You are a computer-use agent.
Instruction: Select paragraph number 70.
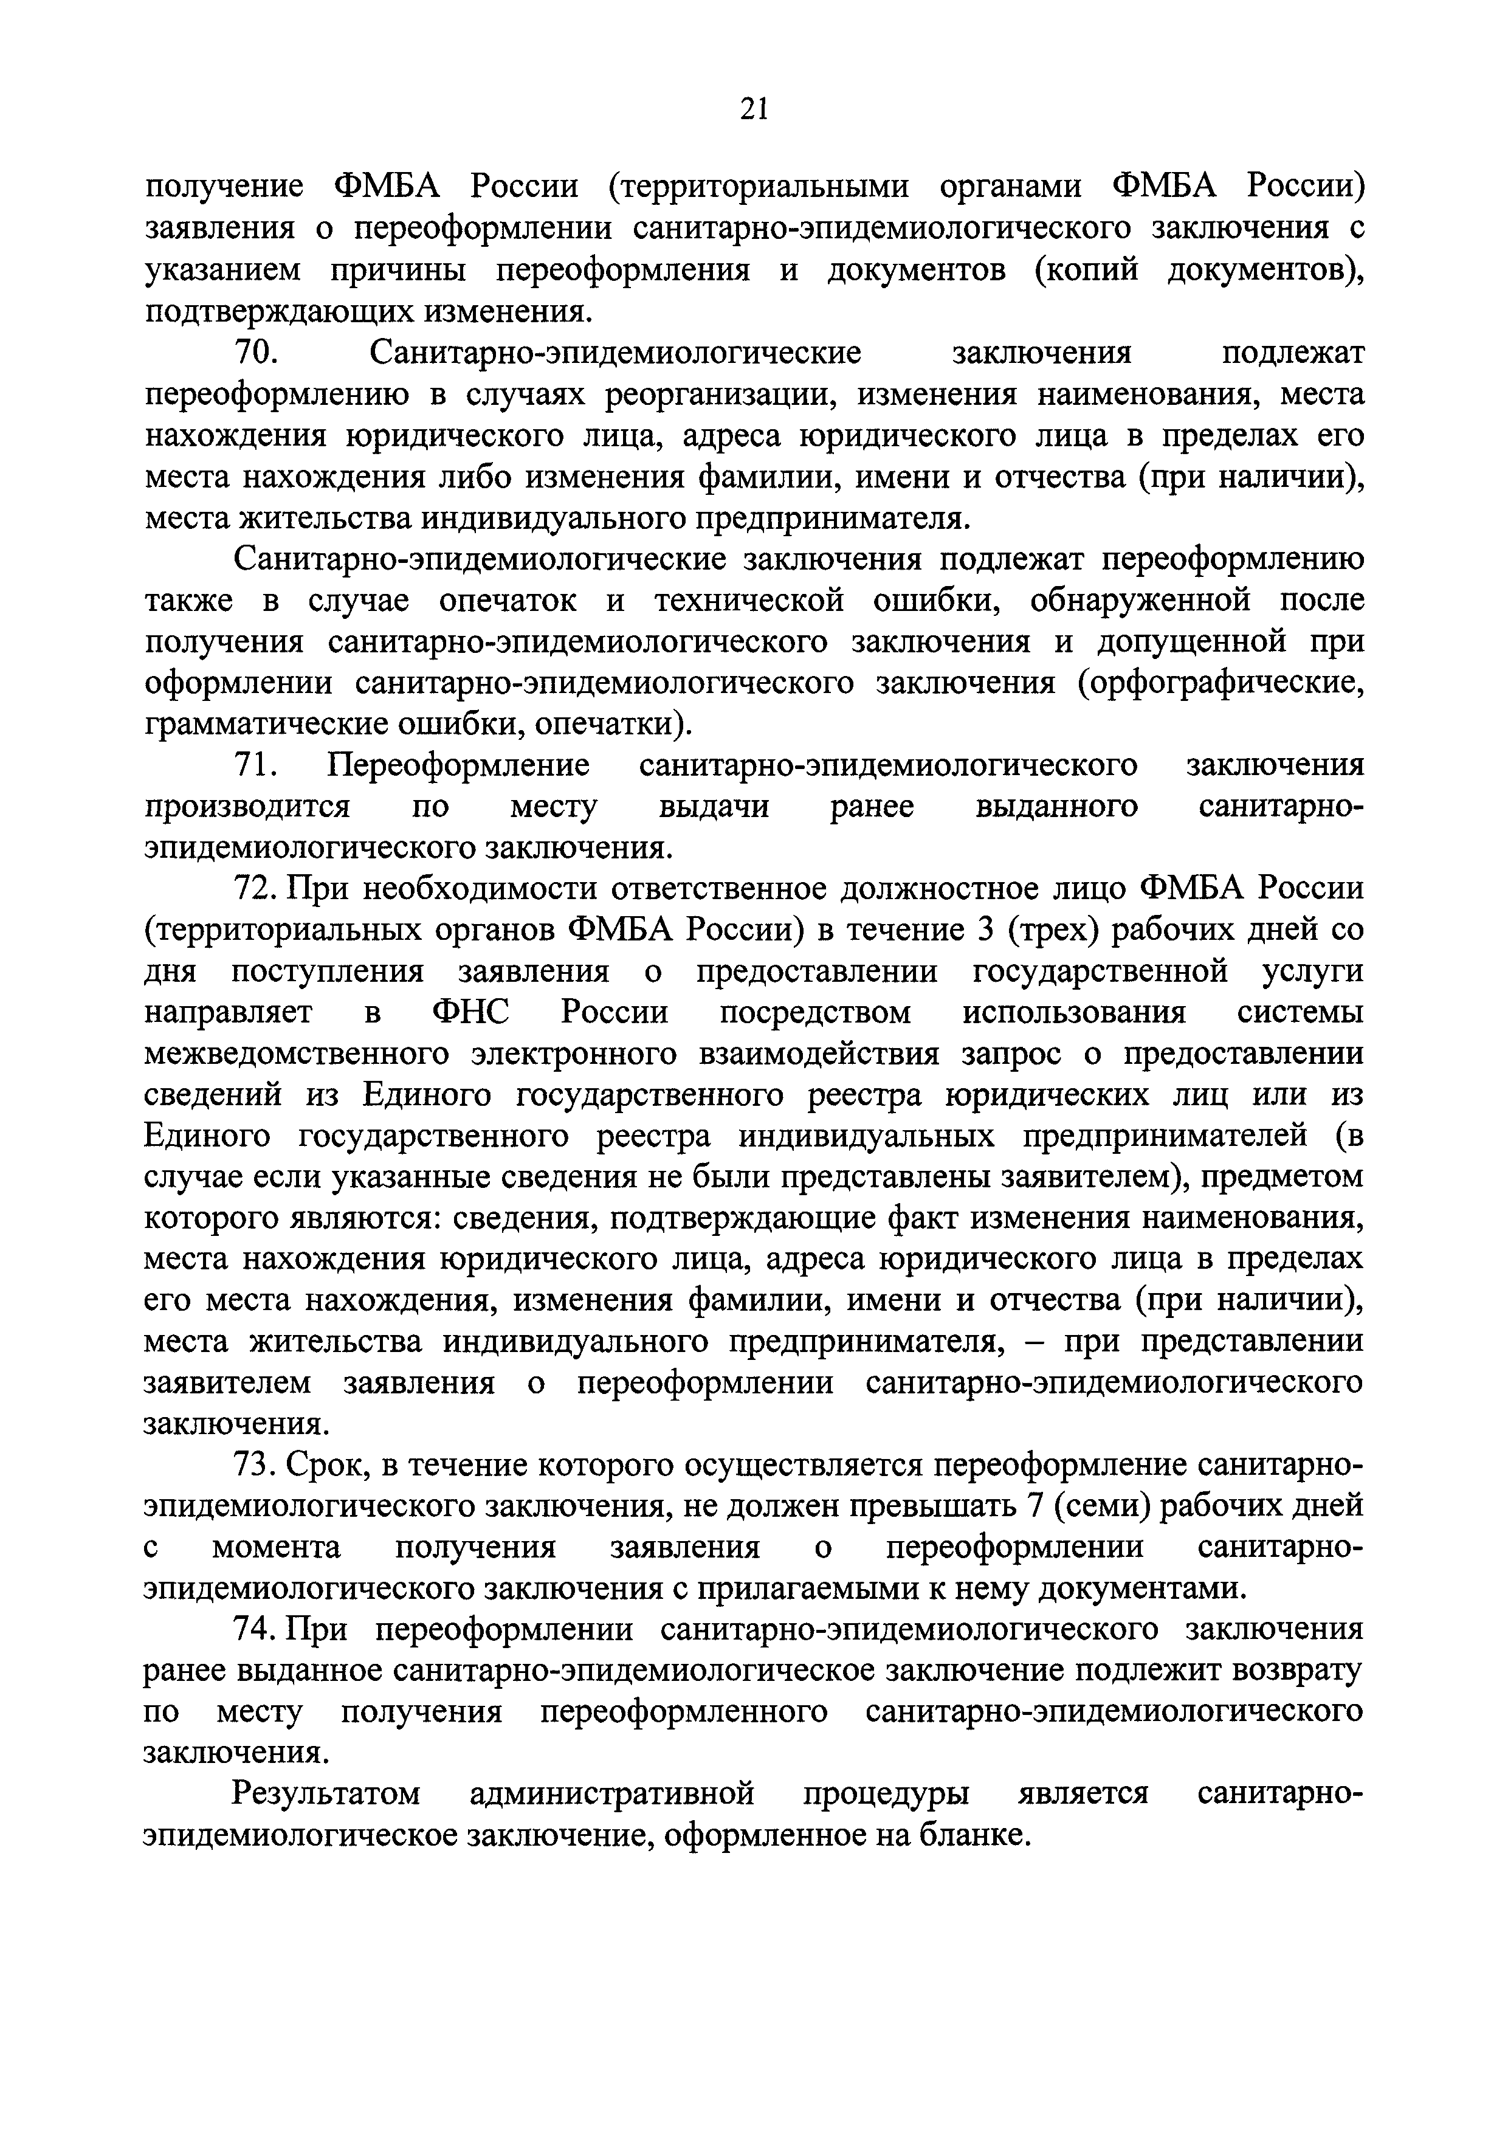(x=253, y=354)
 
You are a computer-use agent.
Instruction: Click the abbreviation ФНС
(x=471, y=1012)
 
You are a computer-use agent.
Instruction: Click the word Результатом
(x=325, y=1795)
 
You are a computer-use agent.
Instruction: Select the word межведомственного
(x=296, y=1054)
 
